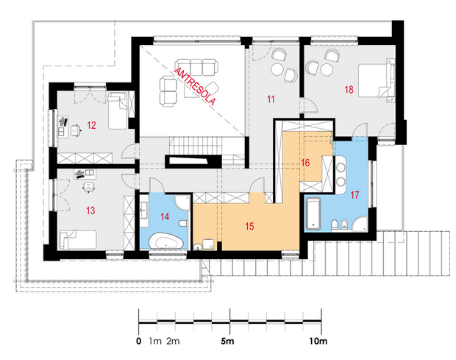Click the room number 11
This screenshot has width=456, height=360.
point(271,99)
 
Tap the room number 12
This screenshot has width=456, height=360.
point(91,125)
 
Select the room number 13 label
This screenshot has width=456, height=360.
point(90,210)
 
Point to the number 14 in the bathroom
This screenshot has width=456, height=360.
point(165,216)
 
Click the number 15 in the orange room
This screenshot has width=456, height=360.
point(249,226)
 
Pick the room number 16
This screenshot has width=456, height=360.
point(305,163)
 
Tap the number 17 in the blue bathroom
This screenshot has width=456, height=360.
point(355,194)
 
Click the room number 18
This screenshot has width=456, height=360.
point(349,89)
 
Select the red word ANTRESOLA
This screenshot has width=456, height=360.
point(195,87)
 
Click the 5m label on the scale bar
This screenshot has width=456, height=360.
point(227,341)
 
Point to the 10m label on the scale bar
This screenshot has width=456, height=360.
point(318,341)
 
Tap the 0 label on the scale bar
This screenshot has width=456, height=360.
point(139,341)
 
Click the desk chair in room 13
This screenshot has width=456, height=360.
point(89,187)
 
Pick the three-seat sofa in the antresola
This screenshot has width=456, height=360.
point(196,67)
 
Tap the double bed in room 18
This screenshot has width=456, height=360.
point(375,80)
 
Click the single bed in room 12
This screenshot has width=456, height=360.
point(118,110)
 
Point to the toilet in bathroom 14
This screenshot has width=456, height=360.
point(183,224)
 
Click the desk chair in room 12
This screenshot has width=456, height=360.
point(75,130)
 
